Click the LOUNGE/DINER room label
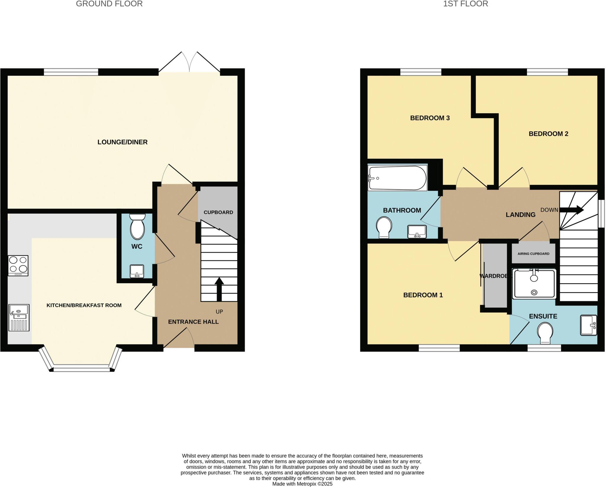point(123,142)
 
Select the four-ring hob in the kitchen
point(18,265)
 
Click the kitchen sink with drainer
point(19,318)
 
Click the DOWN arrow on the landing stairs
point(571,210)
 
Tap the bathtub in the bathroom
point(397,178)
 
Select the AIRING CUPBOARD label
point(533,254)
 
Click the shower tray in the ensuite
point(534,284)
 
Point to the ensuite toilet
point(545,333)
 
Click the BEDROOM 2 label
point(548,134)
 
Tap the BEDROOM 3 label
point(430,118)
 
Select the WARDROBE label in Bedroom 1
point(495,276)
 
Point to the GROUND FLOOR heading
point(109,4)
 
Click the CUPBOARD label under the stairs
point(218,212)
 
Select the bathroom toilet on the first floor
point(384,227)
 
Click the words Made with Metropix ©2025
point(302,484)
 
